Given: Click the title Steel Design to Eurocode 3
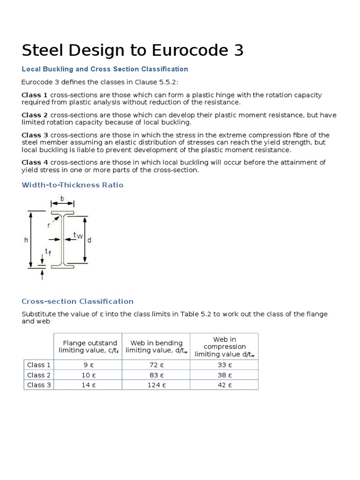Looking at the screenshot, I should pyautogui.click(x=133, y=50).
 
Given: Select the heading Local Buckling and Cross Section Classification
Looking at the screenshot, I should pyautogui.click(x=105, y=69).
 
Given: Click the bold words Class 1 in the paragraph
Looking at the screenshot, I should pyautogui.click(x=34, y=95).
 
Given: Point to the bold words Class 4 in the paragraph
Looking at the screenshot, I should pyautogui.click(x=34, y=162).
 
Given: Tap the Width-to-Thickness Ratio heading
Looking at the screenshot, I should pyautogui.click(x=73, y=185).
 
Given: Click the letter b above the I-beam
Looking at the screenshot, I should pyautogui.click(x=62, y=198).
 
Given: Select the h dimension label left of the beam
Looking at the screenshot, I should pyautogui.click(x=26, y=240).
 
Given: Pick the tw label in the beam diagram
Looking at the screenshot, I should pyautogui.click(x=78, y=236).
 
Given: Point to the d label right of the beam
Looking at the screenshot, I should pyautogui.click(x=89, y=240).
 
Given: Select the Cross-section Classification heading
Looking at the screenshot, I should pyautogui.click(x=77, y=301).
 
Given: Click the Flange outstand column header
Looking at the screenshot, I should pyautogui.click(x=88, y=346).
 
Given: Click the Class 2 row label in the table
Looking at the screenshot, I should pyautogui.click(x=39, y=375).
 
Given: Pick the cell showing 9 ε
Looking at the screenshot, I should pyautogui.click(x=88, y=365).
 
